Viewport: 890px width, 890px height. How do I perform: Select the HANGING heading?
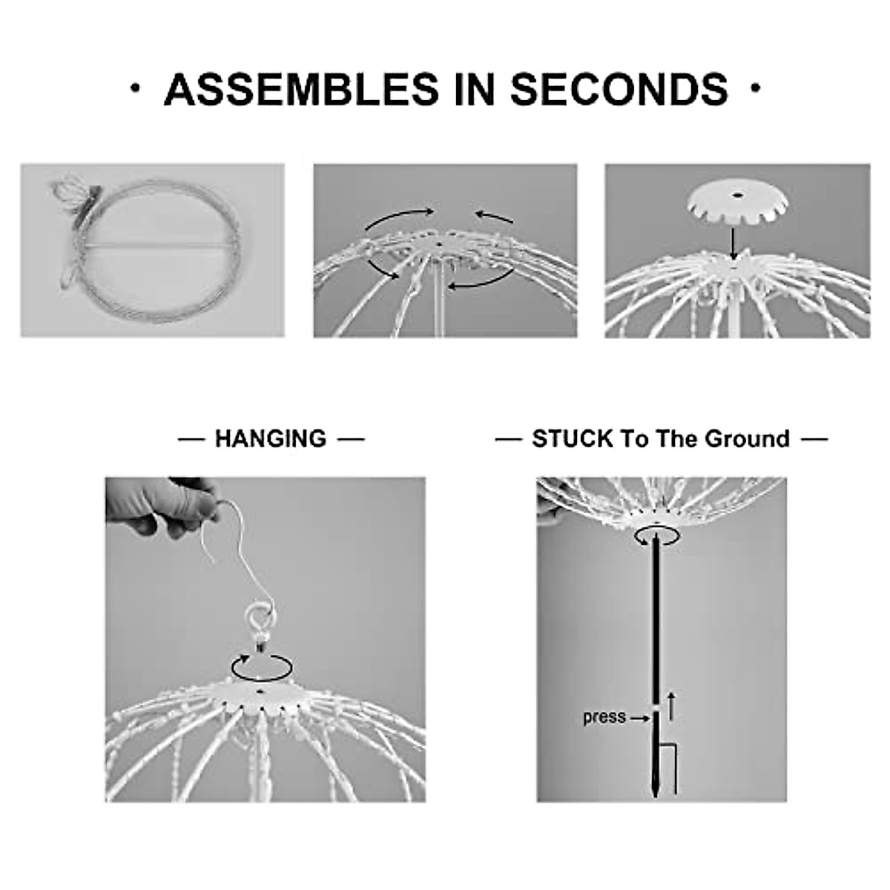[271, 439]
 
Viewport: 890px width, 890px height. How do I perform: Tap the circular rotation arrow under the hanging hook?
[260, 667]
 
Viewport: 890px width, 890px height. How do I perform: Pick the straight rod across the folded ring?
[159, 245]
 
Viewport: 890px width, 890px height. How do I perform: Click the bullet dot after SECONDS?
[756, 89]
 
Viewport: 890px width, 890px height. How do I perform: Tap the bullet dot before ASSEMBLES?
[133, 89]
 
